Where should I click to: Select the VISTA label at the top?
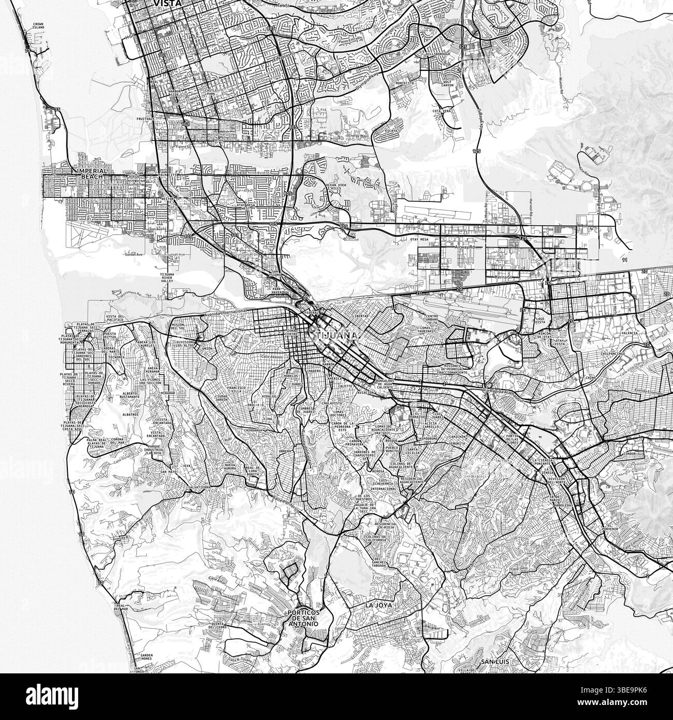pyautogui.click(x=167, y=3)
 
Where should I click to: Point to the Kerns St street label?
pyautogui.click(x=503, y=278)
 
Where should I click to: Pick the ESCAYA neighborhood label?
pyautogui.click(x=390, y=132)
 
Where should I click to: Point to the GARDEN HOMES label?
pyautogui.click(x=141, y=643)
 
